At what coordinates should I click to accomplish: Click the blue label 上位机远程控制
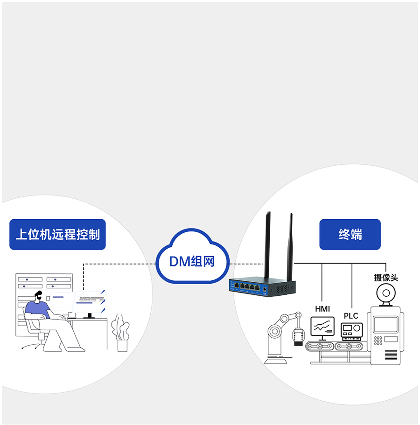click(x=58, y=234)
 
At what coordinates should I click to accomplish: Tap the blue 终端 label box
click(x=350, y=234)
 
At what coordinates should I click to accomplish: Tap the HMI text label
click(x=322, y=309)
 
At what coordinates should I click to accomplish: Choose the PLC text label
click(x=351, y=316)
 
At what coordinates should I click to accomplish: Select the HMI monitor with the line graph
click(x=322, y=327)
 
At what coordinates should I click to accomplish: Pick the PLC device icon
click(x=351, y=330)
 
